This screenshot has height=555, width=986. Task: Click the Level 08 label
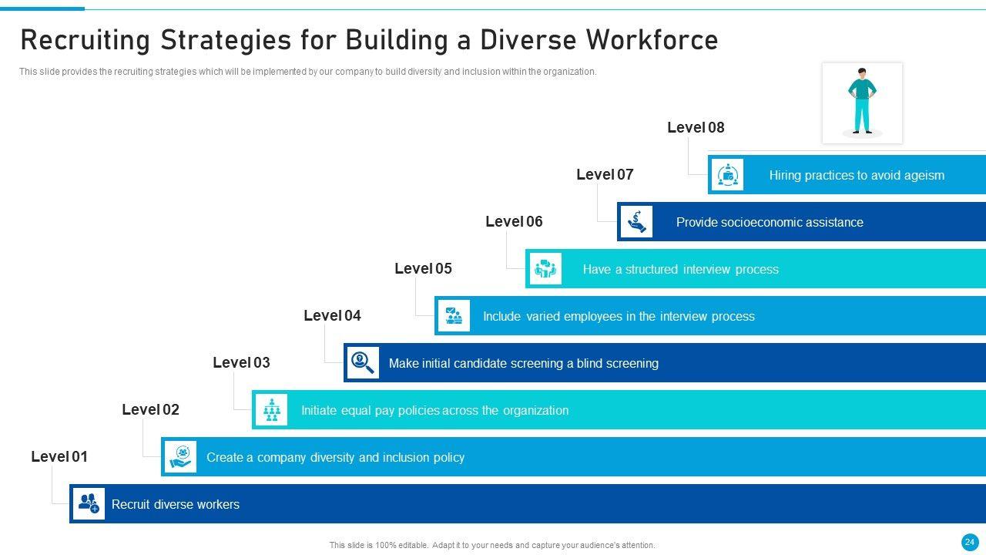(696, 128)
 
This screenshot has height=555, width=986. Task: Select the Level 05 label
(423, 269)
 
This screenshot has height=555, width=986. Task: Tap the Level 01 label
(59, 457)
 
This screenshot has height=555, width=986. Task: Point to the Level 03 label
(241, 363)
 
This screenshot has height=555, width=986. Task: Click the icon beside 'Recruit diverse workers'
(89, 504)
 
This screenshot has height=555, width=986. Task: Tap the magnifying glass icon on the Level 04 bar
(362, 362)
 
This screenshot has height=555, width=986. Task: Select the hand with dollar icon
(636, 222)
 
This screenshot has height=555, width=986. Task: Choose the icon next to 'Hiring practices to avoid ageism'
(727, 175)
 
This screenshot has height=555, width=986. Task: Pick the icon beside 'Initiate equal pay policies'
(271, 410)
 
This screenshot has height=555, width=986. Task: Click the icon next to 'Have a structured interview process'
(545, 269)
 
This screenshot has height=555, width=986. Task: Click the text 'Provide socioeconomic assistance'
(770, 223)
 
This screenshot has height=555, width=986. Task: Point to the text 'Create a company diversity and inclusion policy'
(335, 458)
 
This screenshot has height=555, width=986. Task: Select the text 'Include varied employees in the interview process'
(619, 317)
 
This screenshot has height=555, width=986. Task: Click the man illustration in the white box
(862, 102)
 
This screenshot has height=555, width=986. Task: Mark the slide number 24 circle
(970, 542)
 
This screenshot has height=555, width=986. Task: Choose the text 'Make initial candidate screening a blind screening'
(523, 364)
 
